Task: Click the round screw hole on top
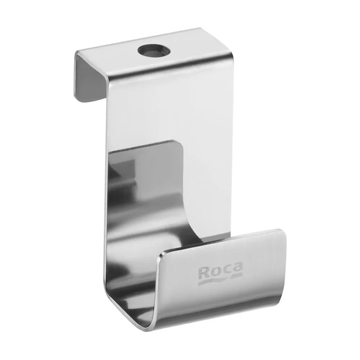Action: coord(154,50)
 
